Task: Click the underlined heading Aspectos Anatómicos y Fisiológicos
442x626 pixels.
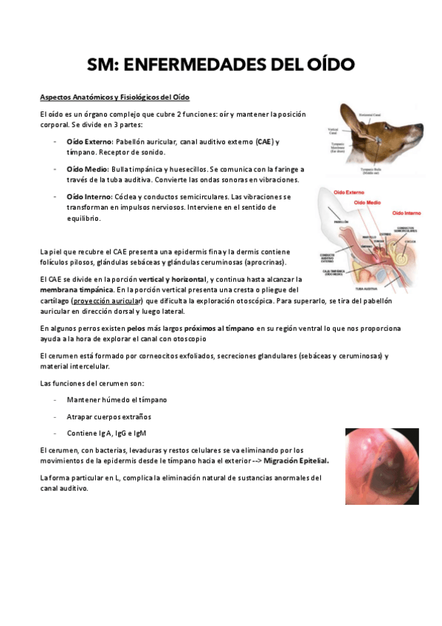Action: tap(114, 98)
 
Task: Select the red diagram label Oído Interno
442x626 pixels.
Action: tap(407, 213)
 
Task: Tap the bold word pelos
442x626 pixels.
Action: tap(136, 328)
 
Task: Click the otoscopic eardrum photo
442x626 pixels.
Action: tap(381, 466)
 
